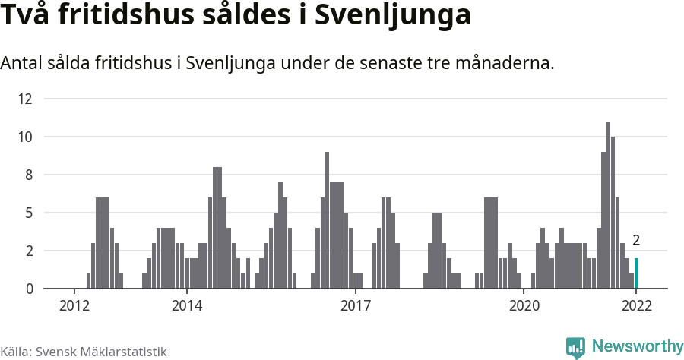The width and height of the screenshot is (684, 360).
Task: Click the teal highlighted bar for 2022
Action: click(x=636, y=273)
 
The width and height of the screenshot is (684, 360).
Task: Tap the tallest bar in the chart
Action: click(x=608, y=205)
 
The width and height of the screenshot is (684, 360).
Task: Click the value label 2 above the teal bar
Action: click(x=636, y=241)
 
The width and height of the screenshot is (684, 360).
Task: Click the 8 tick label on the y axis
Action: click(x=28, y=175)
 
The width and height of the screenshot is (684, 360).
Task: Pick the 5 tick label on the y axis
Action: click(x=28, y=213)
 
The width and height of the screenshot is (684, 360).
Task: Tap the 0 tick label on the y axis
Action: click(x=28, y=289)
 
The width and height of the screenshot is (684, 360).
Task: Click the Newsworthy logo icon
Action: click(x=575, y=347)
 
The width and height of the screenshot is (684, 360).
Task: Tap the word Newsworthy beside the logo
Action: click(x=637, y=346)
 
